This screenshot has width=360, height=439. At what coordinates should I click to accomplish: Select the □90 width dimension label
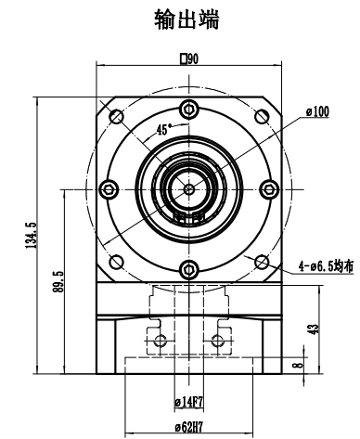(x=189, y=58)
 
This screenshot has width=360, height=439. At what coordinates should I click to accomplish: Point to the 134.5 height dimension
(x=32, y=237)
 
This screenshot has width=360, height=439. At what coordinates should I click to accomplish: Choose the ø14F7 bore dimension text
(x=189, y=402)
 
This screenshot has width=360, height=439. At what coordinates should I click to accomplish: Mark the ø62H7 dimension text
(x=189, y=429)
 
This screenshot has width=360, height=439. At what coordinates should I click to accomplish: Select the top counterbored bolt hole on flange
(x=189, y=109)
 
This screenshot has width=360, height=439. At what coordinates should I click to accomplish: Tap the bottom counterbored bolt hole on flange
(x=189, y=270)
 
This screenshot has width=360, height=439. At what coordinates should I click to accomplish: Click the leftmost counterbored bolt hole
(x=109, y=189)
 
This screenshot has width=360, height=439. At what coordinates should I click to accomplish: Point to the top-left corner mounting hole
(x=117, y=116)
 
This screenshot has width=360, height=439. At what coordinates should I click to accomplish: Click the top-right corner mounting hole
(x=263, y=116)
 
